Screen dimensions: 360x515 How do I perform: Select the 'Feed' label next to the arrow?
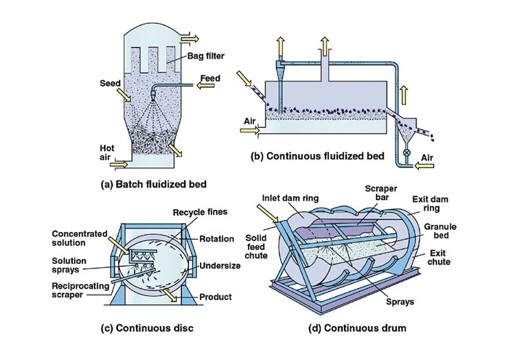209,78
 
